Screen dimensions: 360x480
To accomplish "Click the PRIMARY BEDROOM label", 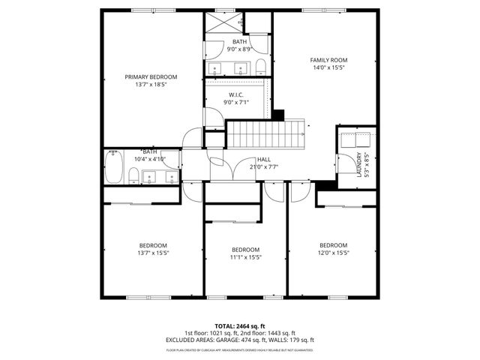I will click(151, 77).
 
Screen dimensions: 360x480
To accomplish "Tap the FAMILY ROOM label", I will click(328, 60).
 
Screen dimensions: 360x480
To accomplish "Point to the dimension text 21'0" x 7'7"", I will click(264, 167).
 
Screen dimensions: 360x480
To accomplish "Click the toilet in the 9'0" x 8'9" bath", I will click(260, 65).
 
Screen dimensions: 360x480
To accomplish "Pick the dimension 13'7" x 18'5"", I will click(151, 85).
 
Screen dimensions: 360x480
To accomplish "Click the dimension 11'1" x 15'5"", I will click(245, 257).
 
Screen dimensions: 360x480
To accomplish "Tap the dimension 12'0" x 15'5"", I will click(333, 253).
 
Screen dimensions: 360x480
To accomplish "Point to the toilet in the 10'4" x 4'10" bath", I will click(133, 176).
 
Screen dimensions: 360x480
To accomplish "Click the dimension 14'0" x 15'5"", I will click(328, 67).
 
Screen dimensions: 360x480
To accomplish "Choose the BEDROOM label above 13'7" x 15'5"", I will click(152, 245).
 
